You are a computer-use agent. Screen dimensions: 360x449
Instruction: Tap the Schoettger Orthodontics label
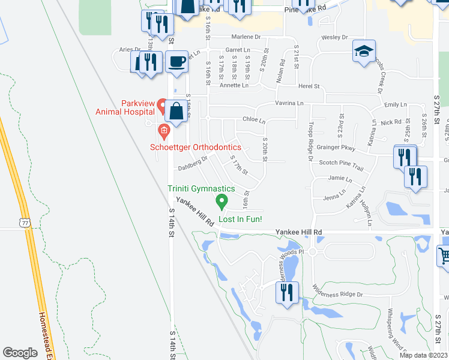[196, 148]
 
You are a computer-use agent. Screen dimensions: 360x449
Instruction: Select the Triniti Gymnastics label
[201, 188]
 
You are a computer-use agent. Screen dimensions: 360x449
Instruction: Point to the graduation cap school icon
[363, 52]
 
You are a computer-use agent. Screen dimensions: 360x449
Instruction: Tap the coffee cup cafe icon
[176, 62]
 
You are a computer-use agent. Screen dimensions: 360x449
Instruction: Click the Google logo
[20, 353]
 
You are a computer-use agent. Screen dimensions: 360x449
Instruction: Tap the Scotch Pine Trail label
[341, 162]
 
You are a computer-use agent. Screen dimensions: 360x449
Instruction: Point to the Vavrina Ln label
[289, 103]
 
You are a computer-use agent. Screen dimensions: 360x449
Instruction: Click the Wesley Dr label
[335, 37]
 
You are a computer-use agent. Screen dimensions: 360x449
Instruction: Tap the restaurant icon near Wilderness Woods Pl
[286, 292]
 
